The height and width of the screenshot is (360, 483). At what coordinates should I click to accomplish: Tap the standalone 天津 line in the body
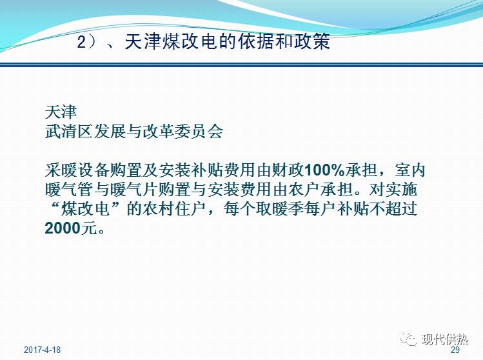(x=61, y=110)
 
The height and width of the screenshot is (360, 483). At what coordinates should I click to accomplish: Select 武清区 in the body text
(x=69, y=132)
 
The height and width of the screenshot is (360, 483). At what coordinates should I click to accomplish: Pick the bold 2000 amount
(x=65, y=229)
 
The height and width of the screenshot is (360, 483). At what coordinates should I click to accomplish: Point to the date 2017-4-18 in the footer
(x=42, y=350)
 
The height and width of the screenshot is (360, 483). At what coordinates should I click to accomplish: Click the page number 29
(x=455, y=350)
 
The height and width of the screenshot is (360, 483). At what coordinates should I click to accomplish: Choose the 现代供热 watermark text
(x=445, y=339)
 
